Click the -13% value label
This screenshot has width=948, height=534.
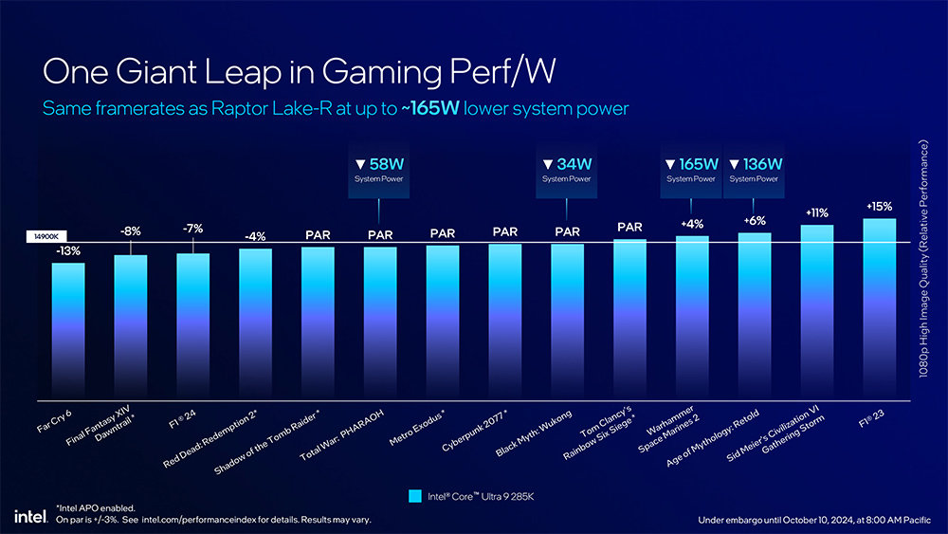67,251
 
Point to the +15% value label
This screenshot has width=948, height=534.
880,206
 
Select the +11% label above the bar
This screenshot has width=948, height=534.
817,213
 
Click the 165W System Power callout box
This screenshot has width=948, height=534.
691,171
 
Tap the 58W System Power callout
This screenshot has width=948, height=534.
380,171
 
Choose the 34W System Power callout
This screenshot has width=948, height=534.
567,171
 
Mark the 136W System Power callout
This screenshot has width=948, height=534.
755,171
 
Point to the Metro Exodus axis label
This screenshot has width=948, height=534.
418,430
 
